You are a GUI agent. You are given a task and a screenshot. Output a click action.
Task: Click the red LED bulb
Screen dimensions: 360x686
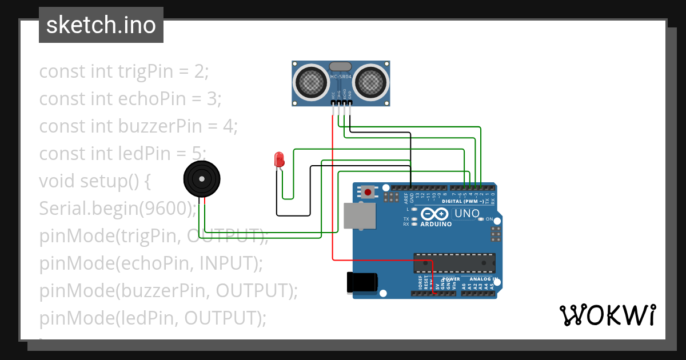coord(279,159)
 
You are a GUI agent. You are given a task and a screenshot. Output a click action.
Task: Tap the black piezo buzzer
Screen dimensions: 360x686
coord(201,178)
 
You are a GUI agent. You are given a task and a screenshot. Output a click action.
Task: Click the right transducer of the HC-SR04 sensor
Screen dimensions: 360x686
coord(372,82)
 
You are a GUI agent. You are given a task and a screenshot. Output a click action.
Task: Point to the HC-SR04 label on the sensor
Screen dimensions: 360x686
coord(341,77)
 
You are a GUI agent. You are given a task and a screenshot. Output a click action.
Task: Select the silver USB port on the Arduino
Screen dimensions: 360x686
coord(360,216)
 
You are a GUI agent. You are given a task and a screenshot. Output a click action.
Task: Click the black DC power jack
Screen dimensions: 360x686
coord(362,282)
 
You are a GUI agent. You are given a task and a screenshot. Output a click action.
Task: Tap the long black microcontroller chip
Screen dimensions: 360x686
coord(455,262)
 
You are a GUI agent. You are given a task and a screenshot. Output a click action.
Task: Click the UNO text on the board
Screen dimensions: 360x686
coord(466,214)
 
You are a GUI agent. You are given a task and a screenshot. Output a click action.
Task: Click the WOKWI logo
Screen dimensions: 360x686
coord(607,315)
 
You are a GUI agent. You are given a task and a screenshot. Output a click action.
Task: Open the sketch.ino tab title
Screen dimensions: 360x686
coord(101,25)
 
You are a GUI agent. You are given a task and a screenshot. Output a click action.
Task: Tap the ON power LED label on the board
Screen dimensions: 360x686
coord(489,219)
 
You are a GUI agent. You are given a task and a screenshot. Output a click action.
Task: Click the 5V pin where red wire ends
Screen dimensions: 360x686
coord(438,293)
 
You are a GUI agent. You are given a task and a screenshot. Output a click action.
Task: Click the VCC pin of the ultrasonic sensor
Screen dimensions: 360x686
coord(333,103)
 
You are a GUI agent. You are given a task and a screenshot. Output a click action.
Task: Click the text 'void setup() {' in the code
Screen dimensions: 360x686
coord(95,181)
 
